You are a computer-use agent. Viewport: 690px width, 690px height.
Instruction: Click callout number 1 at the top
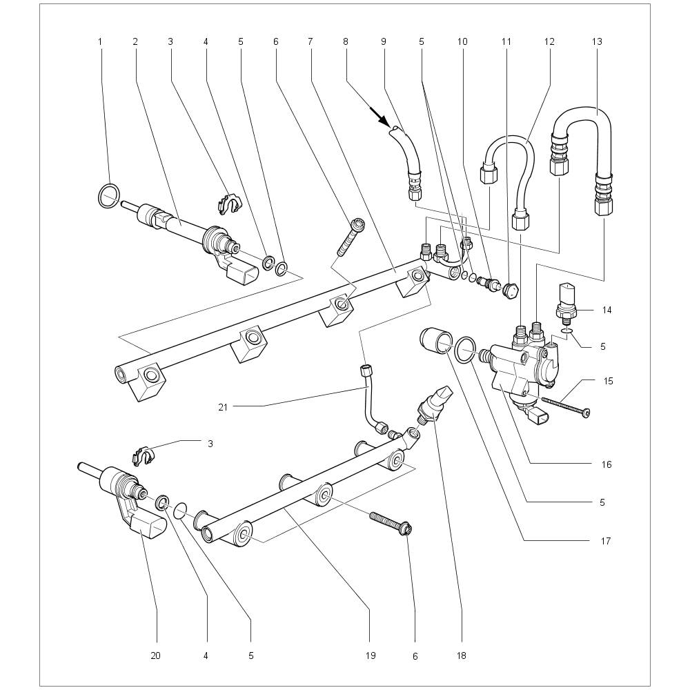point(100,42)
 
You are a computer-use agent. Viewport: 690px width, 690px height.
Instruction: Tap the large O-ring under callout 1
point(109,196)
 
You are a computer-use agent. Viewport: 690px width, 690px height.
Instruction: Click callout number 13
point(597,42)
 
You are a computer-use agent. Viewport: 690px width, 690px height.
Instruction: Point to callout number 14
point(607,310)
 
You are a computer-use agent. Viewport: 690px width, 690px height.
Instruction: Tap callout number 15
point(607,381)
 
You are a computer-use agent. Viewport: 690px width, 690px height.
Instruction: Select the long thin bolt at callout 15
point(564,406)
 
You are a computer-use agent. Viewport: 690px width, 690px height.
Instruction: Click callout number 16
point(607,464)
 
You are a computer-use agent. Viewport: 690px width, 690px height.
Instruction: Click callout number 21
point(223,407)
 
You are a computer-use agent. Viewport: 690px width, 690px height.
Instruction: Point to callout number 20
point(155,655)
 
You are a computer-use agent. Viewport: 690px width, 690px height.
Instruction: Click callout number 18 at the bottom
point(462,655)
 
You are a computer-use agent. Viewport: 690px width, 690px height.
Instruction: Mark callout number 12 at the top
point(549,42)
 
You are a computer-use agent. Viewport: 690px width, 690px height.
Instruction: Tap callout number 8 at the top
point(345,42)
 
